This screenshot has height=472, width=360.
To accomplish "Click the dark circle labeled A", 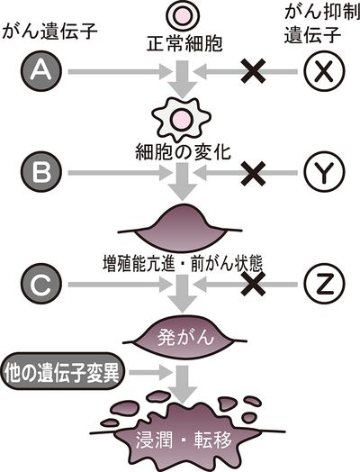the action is [x=40, y=71].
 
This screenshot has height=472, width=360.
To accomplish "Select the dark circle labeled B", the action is [x=40, y=172].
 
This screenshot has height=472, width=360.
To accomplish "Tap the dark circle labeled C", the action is [x=40, y=284].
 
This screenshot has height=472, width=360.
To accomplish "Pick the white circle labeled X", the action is [x=324, y=71].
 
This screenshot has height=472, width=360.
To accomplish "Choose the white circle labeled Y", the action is [x=324, y=172].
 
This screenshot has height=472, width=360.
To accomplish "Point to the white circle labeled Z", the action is [x=324, y=284].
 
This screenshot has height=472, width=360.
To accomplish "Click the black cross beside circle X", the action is [x=254, y=71].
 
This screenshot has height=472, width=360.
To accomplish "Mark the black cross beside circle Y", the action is [x=254, y=173].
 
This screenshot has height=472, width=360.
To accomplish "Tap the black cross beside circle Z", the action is [x=254, y=284].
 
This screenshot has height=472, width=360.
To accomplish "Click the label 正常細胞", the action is [x=184, y=43].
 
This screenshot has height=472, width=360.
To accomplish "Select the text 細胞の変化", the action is [x=184, y=151].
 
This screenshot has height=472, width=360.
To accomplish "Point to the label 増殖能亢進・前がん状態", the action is [x=183, y=264].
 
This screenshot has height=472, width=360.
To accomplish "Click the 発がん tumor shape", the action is [x=184, y=337].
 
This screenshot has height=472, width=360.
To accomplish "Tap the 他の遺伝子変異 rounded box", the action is [x=62, y=373].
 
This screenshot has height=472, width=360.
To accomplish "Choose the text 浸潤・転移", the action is [x=184, y=440].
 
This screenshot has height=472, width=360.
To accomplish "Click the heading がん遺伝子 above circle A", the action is [x=49, y=31].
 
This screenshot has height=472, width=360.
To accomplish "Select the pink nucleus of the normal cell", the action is [x=184, y=15].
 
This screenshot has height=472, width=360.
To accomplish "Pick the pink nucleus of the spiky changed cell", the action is [x=182, y=119].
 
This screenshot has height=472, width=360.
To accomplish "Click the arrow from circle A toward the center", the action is [x=120, y=72].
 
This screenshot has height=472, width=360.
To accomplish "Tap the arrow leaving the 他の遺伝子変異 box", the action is [x=150, y=372].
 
